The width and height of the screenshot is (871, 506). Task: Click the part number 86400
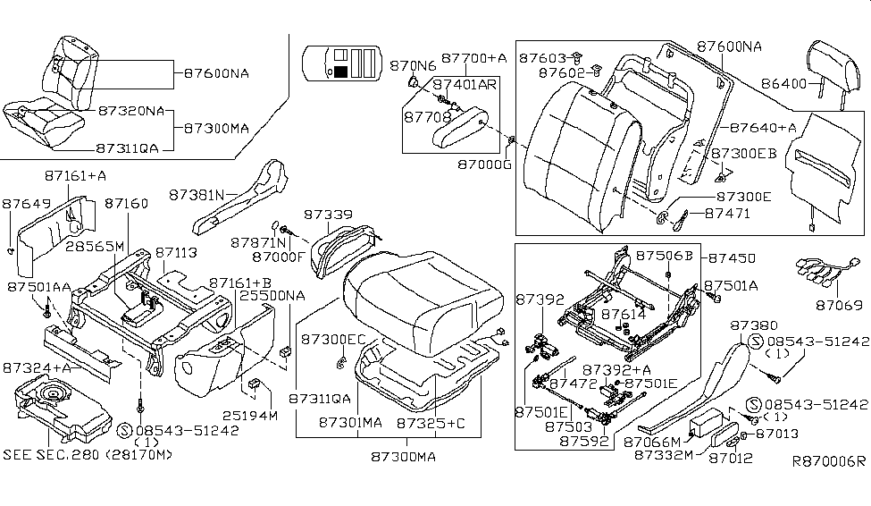coord(783,85)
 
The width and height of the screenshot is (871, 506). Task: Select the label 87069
coord(839,306)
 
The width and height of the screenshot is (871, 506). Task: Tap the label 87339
coord(329,215)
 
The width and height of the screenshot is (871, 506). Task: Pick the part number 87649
coord(27,204)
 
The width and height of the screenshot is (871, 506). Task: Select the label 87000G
coord(482,165)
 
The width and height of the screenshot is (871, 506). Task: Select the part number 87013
coord(775,434)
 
